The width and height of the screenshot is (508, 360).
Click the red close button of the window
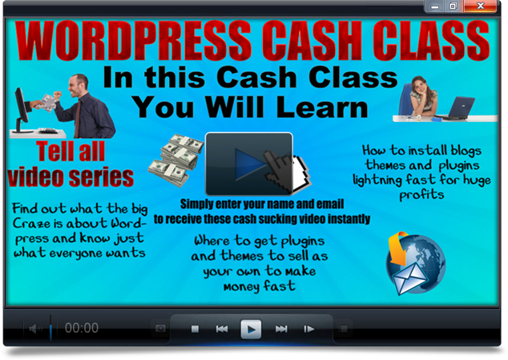click(480, 6)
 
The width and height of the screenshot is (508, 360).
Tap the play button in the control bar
click(251, 329)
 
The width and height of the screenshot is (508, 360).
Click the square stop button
click(195, 330)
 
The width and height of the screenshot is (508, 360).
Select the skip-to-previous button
click(222, 330)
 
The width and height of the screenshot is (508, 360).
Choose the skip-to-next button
click(281, 330)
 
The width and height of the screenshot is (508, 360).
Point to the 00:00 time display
click(82, 328)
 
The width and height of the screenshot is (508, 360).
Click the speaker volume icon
click(35, 329)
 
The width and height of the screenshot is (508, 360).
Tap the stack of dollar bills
click(175, 160)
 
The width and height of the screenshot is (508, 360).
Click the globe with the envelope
click(416, 264)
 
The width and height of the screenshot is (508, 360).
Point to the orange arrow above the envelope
click(398, 248)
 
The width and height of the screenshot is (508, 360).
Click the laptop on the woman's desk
click(457, 108)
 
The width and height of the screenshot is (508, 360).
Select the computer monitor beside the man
click(21, 111)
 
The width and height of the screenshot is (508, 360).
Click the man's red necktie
click(78, 119)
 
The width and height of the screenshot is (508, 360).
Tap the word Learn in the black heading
click(322, 107)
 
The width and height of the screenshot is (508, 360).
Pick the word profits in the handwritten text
click(421, 196)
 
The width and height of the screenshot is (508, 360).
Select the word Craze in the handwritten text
click(27, 223)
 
